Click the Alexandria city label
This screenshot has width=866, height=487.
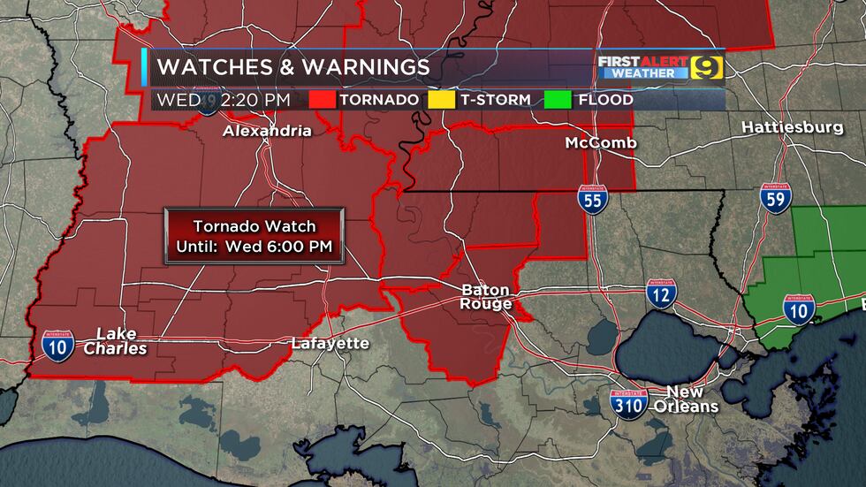pyautogui.click(x=267, y=131)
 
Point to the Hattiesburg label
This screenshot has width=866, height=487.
pyautogui.click(x=792, y=127)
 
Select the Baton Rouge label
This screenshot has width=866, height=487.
pyautogui.click(x=486, y=297)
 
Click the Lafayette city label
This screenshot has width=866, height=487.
pyautogui.click(x=330, y=343)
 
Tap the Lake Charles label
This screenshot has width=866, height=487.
pyautogui.click(x=115, y=340)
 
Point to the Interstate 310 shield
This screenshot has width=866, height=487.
pyautogui.click(x=629, y=403)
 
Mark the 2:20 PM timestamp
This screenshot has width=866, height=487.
pyautogui.click(x=255, y=100)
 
